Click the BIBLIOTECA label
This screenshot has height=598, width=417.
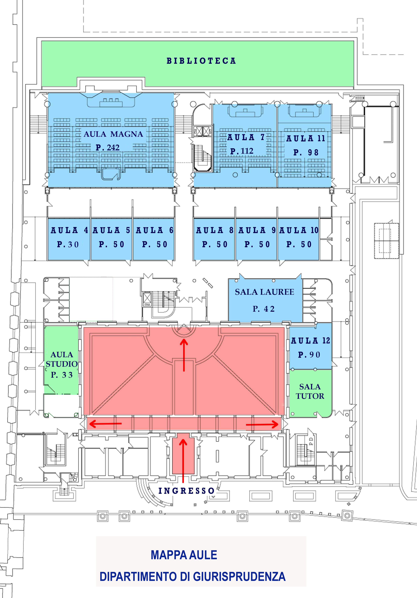(x=201, y=61)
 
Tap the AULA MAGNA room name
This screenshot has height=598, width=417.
(x=113, y=134)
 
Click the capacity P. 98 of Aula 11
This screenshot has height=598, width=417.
(x=306, y=152)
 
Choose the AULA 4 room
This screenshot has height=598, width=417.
(x=69, y=239)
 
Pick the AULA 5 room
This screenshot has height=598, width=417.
(x=111, y=239)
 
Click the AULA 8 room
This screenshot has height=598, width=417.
(x=214, y=239)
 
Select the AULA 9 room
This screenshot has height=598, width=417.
(x=256, y=239)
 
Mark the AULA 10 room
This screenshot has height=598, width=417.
(x=299, y=239)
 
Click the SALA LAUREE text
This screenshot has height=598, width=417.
(x=265, y=292)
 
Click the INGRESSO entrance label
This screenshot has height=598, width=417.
(x=186, y=491)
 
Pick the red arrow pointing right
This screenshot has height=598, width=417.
(x=262, y=425)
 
